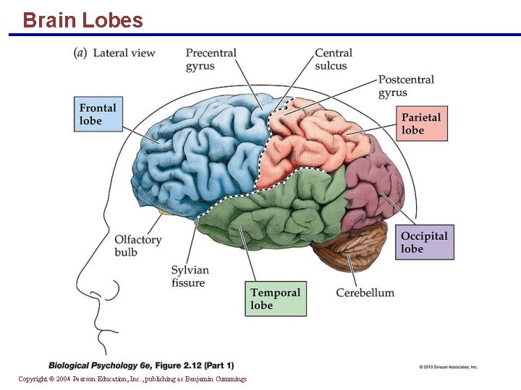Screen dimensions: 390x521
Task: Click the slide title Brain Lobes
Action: click(x=82, y=20)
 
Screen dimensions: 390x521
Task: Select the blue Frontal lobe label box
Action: click(x=101, y=114)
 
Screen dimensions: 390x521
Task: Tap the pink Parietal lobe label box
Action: click(x=424, y=123)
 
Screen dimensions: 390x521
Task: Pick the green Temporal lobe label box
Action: click(x=275, y=299)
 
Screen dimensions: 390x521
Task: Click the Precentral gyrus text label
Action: click(x=211, y=59)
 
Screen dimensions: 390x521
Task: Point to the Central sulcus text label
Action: click(x=333, y=59)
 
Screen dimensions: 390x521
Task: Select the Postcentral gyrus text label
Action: click(x=406, y=85)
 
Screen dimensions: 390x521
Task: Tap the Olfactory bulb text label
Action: click(x=137, y=246)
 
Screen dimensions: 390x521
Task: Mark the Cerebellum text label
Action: click(x=365, y=292)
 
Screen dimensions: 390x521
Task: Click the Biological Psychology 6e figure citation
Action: click(x=141, y=365)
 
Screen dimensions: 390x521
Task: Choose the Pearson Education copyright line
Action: click(x=132, y=379)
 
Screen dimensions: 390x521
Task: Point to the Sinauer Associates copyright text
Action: click(x=448, y=367)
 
